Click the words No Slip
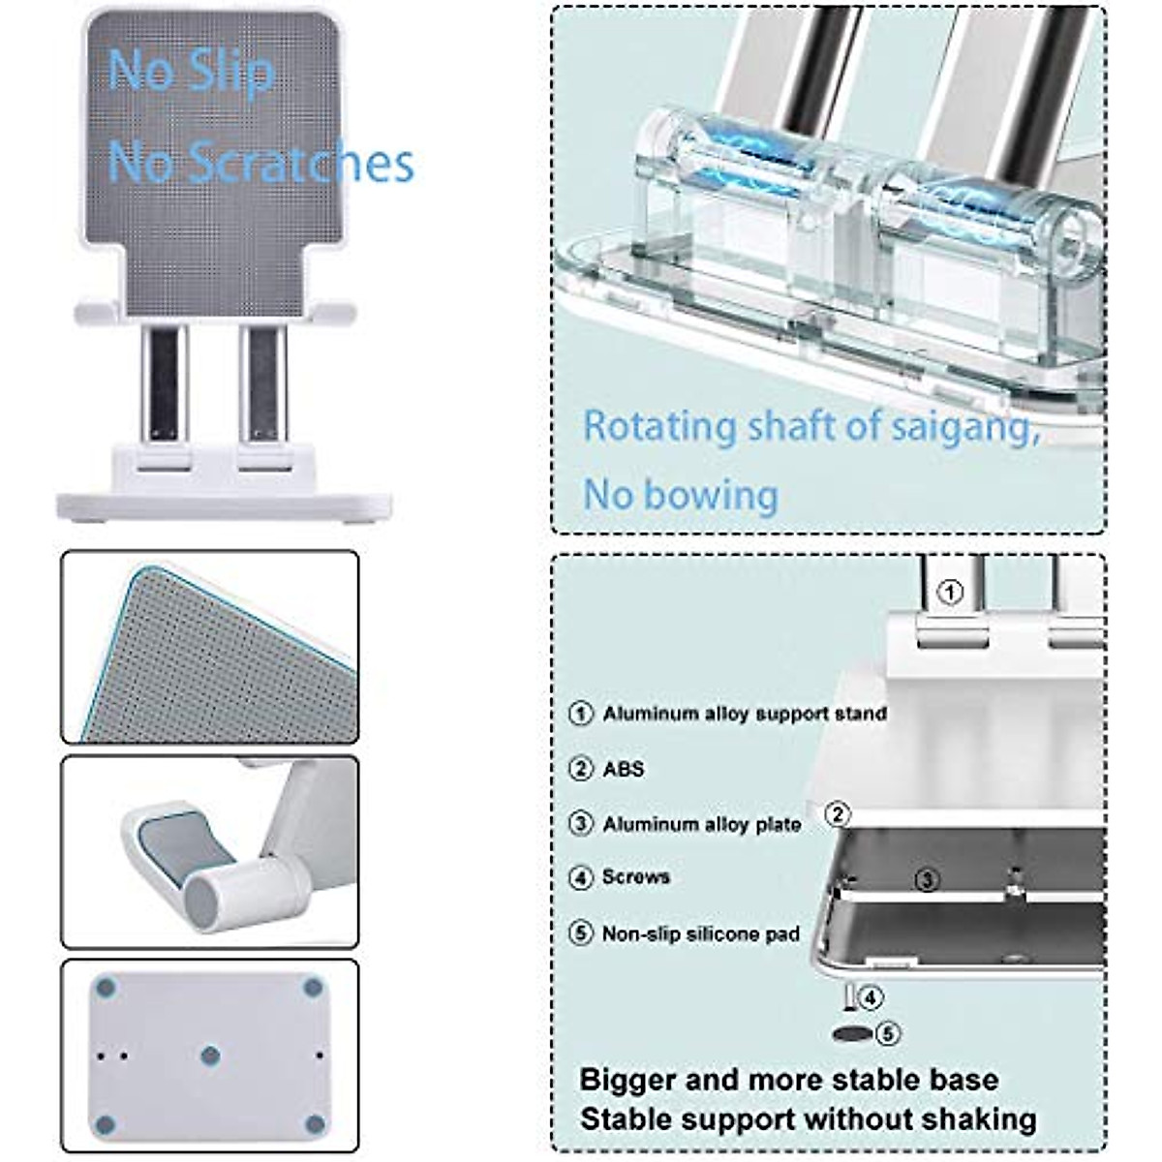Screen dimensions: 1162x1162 (191, 71)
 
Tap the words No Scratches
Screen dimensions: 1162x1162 (260, 162)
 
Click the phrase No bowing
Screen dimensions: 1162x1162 (681, 495)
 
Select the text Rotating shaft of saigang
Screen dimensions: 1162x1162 (810, 427)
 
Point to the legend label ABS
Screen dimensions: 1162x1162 (623, 769)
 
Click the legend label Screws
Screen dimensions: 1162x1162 (635, 876)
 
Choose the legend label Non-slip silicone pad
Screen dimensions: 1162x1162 (700, 934)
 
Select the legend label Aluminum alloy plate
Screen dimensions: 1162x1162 (701, 824)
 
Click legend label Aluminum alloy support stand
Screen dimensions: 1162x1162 (744, 714)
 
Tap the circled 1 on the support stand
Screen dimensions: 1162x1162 (951, 592)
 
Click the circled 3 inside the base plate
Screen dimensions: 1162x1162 (928, 880)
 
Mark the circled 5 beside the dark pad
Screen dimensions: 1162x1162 (888, 1034)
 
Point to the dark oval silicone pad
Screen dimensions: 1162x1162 (852, 1035)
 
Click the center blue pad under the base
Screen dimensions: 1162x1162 (210, 1055)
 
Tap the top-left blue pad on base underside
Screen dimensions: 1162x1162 (107, 989)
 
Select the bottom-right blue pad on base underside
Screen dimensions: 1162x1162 (314, 1124)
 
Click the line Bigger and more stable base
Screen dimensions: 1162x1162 (788, 1080)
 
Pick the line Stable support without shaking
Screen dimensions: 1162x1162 (808, 1119)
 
